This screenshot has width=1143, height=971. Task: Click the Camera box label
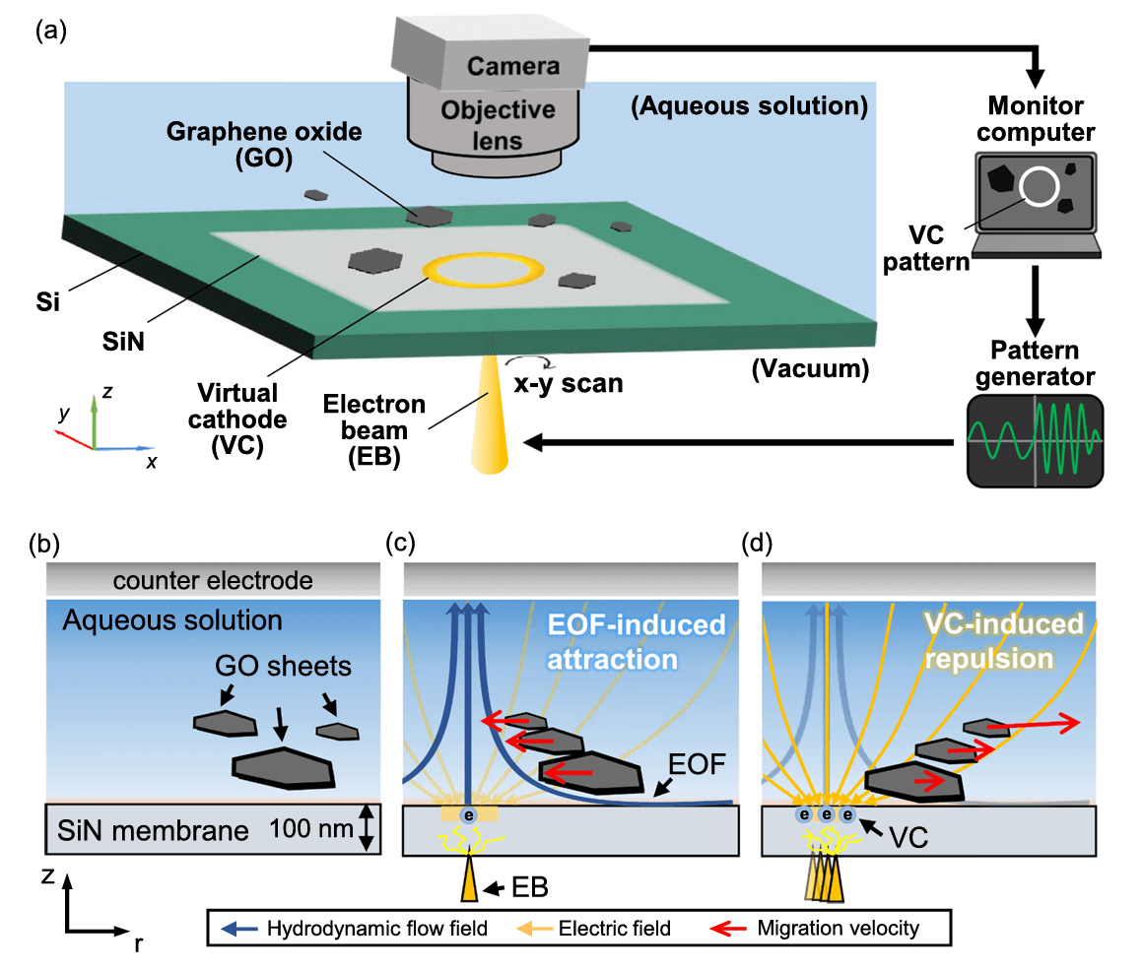pos(512,66)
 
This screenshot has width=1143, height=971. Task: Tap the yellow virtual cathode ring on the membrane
pos(483,270)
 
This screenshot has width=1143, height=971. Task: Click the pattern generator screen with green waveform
pos(1035,440)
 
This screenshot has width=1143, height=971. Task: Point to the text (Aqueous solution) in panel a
pos(749,105)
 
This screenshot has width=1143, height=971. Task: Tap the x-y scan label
pos(571,381)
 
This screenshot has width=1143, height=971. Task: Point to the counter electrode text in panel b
pos(212,581)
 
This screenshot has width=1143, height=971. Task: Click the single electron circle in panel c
pos(469,816)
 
